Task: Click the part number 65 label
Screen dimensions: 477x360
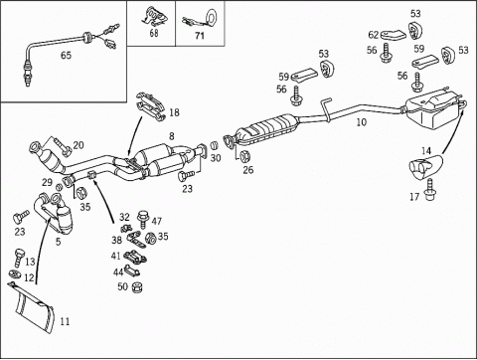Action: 66,55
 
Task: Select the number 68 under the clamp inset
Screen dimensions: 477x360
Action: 154,33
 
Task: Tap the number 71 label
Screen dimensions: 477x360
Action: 200,36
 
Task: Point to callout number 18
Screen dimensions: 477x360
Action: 174,112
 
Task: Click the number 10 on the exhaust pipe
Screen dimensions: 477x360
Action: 362,122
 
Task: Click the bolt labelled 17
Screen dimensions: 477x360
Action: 430,190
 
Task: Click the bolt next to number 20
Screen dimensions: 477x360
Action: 62,147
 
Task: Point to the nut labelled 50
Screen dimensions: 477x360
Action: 137,287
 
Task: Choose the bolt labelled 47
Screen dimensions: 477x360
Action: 142,219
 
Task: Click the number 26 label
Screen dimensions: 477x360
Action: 248,170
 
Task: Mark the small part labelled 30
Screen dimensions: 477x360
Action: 215,145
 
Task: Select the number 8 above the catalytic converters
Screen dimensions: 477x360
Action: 172,136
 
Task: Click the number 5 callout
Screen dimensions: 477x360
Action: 59,242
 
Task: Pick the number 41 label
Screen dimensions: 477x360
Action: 116,256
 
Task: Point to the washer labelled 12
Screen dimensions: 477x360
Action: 15,274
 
